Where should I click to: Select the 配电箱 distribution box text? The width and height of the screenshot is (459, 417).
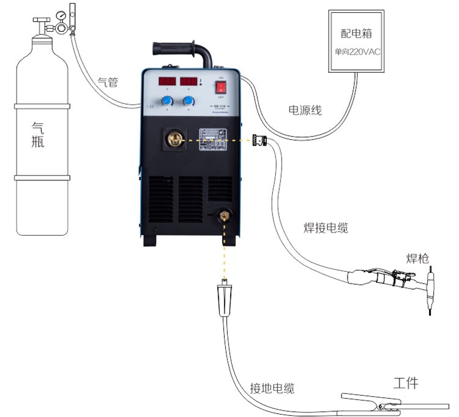coord(356,34)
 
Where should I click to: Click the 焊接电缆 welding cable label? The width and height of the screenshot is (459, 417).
coord(326,228)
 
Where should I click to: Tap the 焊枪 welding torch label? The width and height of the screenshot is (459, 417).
coord(417,258)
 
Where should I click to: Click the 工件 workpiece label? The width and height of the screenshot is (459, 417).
coord(405,383)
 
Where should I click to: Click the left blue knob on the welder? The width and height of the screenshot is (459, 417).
coord(166,101)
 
